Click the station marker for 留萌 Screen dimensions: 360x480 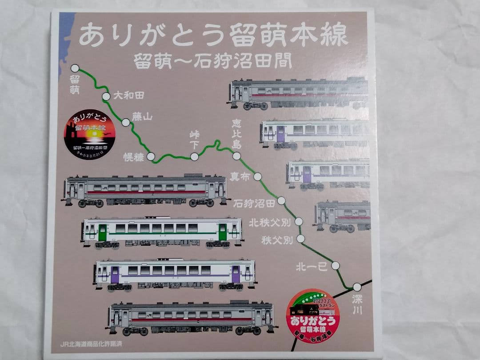tap(75, 68)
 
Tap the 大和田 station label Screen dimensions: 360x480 tap(129, 95)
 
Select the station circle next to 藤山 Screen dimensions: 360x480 tap(126, 122)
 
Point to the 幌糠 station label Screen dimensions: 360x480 tap(134, 157)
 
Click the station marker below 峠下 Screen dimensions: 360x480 tap(194, 156)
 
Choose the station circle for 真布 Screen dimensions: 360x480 tap(257, 176)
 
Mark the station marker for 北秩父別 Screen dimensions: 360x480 tap(299, 221)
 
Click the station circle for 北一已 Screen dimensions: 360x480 tap(336, 265)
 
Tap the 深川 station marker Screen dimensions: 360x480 tap(357, 287)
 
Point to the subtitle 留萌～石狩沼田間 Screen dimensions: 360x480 tap(214, 61)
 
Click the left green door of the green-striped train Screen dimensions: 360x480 tap(103, 232)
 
